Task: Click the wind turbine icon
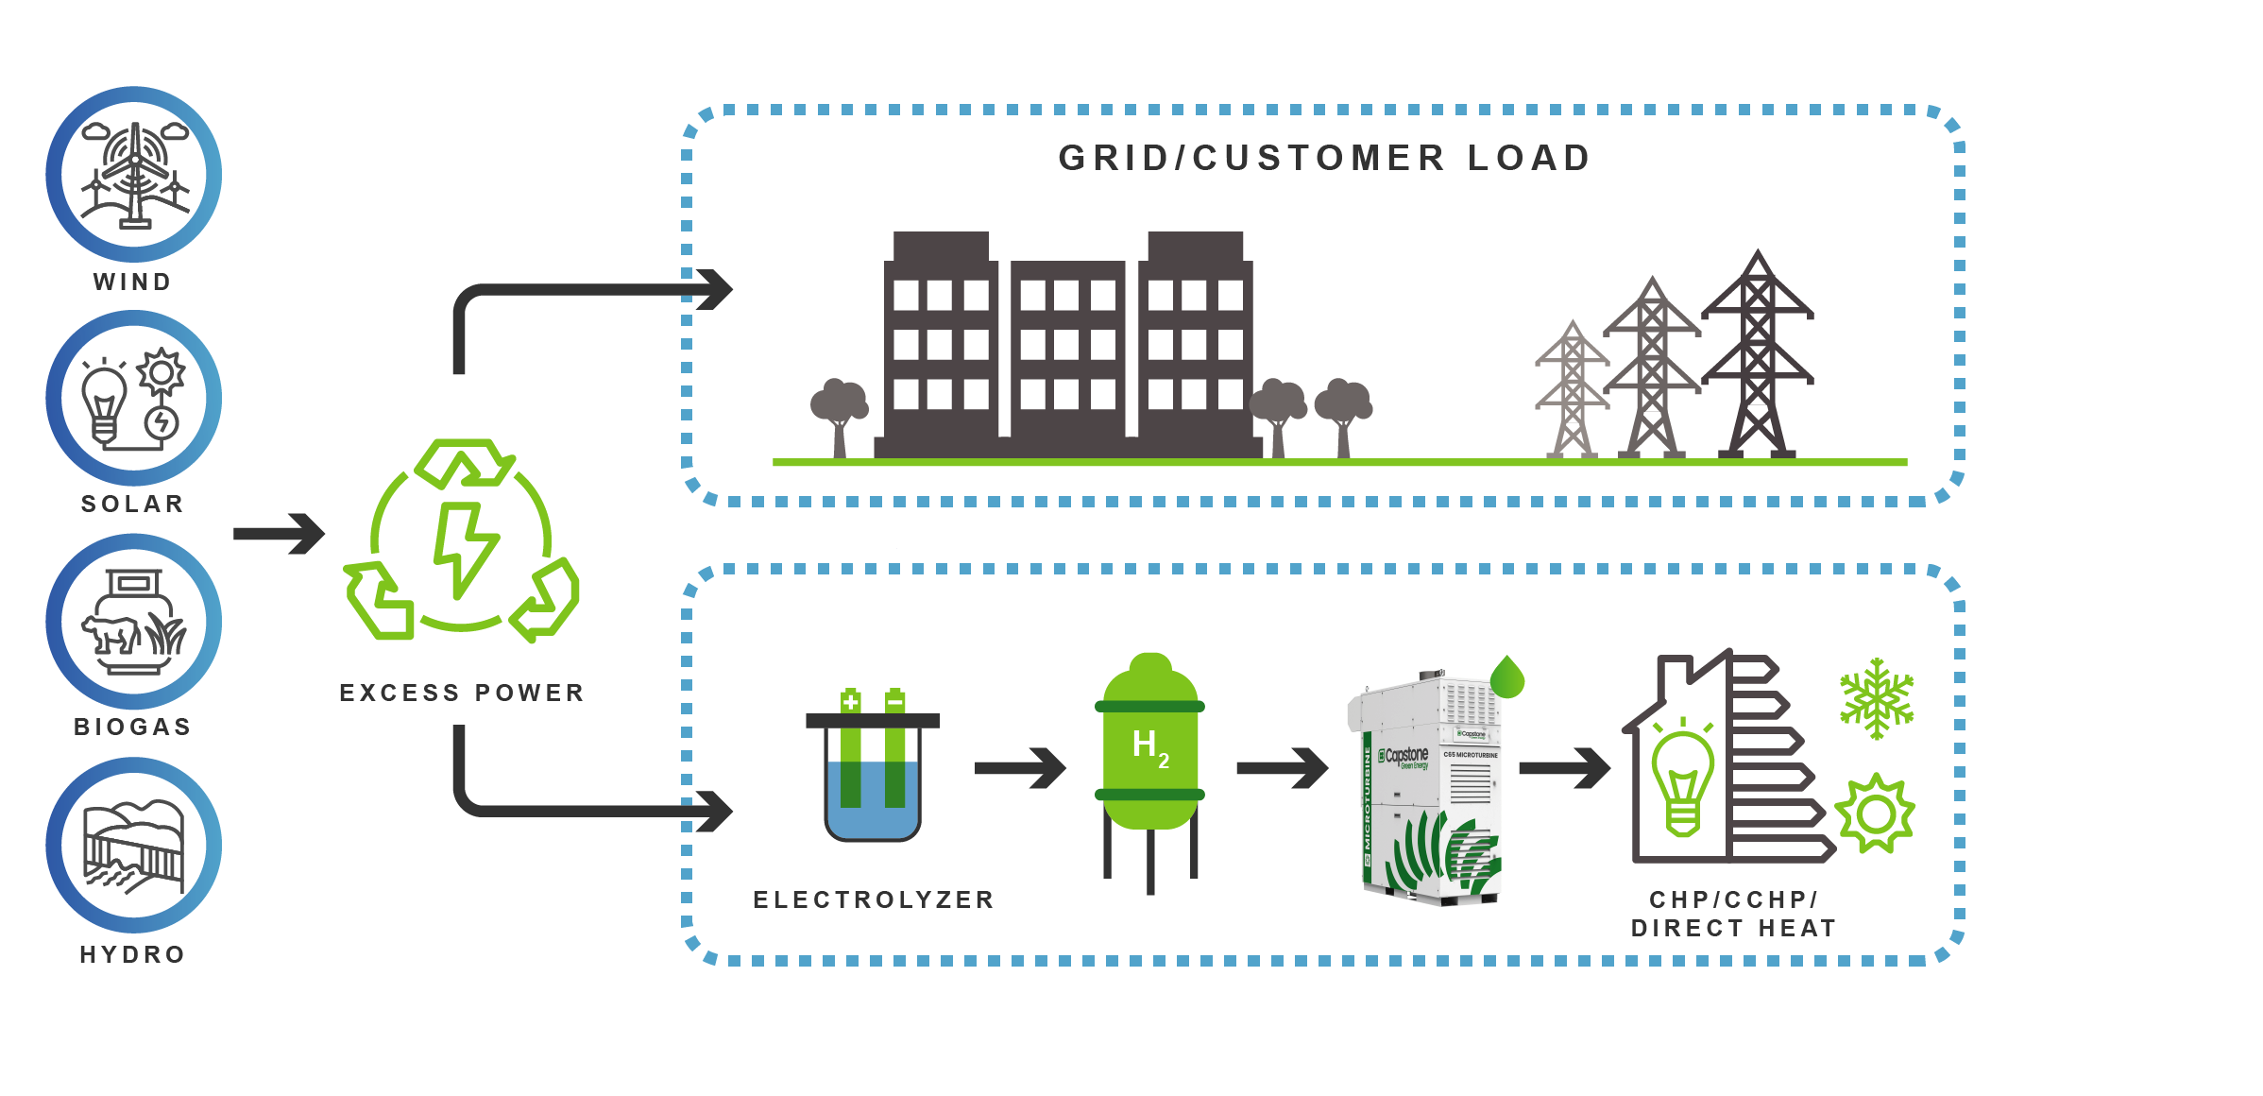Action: (x=134, y=175)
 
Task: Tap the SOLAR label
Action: (x=132, y=504)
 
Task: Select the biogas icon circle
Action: (x=134, y=622)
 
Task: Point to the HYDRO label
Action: (x=132, y=954)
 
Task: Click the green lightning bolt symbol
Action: (x=463, y=548)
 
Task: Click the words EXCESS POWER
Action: (x=462, y=693)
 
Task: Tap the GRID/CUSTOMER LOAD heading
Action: (x=1324, y=158)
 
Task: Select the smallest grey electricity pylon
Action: (x=1573, y=392)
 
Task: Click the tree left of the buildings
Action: (x=839, y=412)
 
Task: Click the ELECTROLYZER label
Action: (x=874, y=899)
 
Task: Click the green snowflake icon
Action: (x=1876, y=699)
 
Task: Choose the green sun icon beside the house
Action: (x=1875, y=813)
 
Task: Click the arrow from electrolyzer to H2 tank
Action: (x=1020, y=768)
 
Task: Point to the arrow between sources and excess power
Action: (x=279, y=534)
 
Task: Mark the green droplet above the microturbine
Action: (x=1507, y=676)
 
